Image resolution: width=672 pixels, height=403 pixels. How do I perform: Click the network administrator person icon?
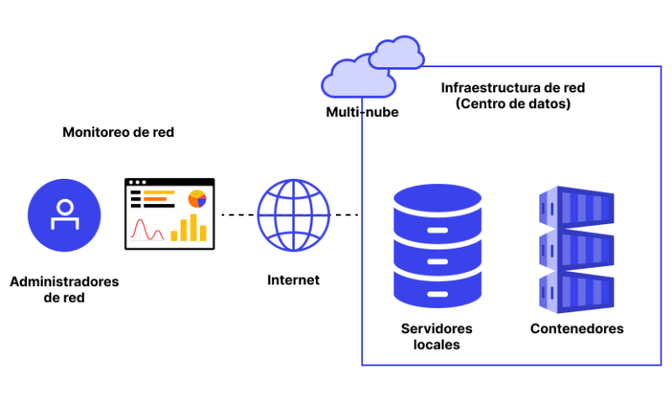63,215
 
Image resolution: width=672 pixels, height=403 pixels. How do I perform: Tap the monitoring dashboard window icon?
169,214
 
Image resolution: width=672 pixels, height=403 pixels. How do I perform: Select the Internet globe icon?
293,215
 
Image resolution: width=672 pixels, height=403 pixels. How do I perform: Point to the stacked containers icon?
575,248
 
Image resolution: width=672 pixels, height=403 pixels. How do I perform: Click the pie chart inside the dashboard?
197,198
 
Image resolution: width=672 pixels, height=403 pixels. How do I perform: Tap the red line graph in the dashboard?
147,230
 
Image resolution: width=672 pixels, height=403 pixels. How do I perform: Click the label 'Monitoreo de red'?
118,133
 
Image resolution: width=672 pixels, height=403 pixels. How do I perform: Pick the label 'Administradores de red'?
64,290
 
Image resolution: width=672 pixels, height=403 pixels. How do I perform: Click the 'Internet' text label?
293,280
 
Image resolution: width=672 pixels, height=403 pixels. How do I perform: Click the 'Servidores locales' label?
436,336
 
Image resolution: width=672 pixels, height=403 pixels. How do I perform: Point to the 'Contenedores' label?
577,329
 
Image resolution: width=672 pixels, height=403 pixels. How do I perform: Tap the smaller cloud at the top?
396,54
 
